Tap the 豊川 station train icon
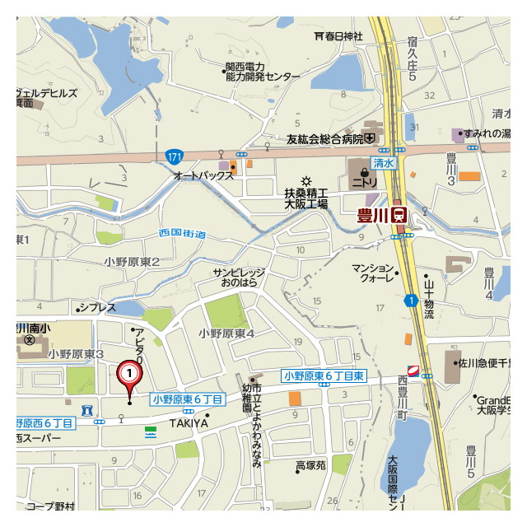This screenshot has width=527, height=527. coord(399,214)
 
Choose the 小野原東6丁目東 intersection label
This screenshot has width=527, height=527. coord(324,375)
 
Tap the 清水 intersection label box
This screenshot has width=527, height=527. coord(384,164)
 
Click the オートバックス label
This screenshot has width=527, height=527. coord(203,176)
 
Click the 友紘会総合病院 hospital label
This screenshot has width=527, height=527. coord(324,138)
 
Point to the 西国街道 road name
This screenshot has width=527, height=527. coord(183,234)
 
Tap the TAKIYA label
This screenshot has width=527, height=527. coord(189,423)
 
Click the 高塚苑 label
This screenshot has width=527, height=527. coord(311,466)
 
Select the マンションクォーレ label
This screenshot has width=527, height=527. coord(373,273)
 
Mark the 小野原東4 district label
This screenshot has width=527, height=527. coord(226,333)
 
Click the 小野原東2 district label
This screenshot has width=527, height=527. coord(132,261)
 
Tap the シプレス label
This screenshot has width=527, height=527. coord(97,308)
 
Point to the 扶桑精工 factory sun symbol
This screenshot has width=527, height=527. coord(306,180)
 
